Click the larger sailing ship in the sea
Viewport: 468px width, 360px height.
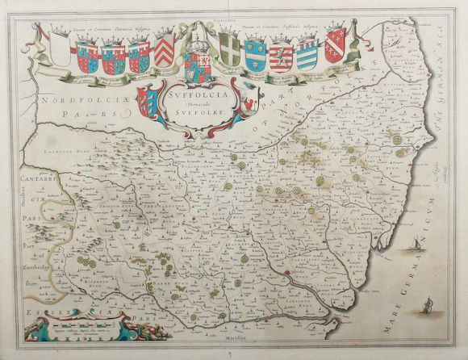point(411,241)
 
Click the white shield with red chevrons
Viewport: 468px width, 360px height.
point(165,52)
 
